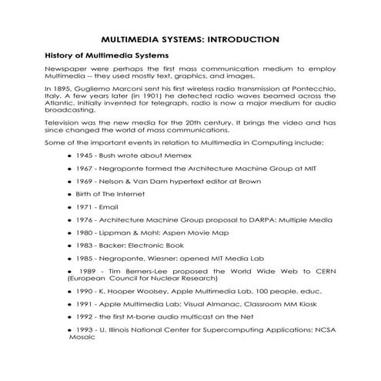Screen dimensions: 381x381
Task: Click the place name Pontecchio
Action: click(x=306, y=89)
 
